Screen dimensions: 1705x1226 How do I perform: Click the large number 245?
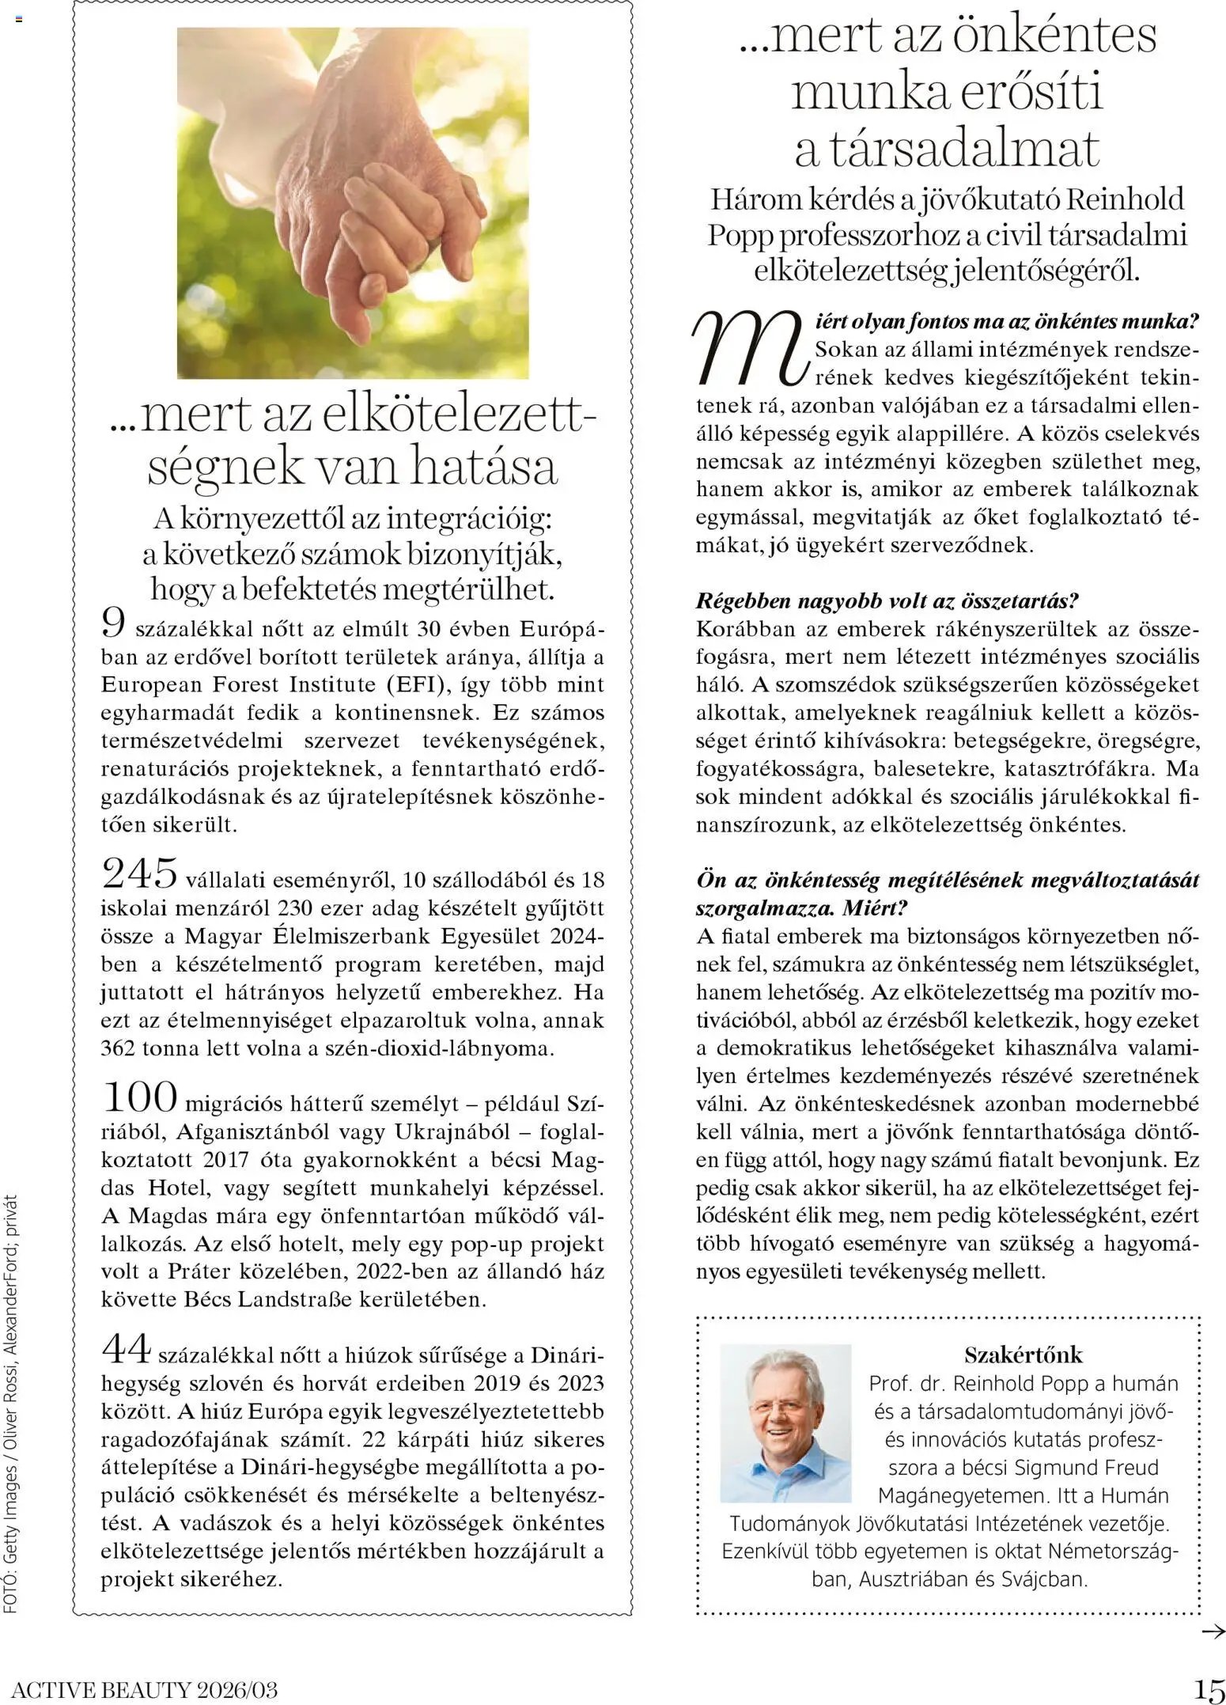(141, 875)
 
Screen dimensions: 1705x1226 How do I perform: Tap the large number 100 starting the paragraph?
(140, 1097)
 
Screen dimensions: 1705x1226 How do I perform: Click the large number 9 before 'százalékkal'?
(114, 624)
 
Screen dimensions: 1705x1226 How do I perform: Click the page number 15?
(1208, 1690)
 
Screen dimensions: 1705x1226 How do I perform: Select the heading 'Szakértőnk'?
(1023, 1355)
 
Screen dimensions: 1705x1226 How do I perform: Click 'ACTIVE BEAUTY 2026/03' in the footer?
(145, 1691)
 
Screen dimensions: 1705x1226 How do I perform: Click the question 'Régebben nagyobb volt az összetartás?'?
(887, 601)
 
